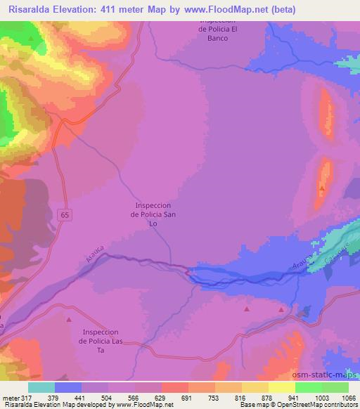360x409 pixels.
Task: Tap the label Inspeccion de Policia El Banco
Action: point(224,29)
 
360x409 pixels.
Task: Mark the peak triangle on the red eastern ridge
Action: point(322,188)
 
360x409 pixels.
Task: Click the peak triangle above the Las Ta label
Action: point(69,320)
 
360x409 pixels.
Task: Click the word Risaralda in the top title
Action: point(33,9)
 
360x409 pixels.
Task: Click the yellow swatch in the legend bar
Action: point(281,387)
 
